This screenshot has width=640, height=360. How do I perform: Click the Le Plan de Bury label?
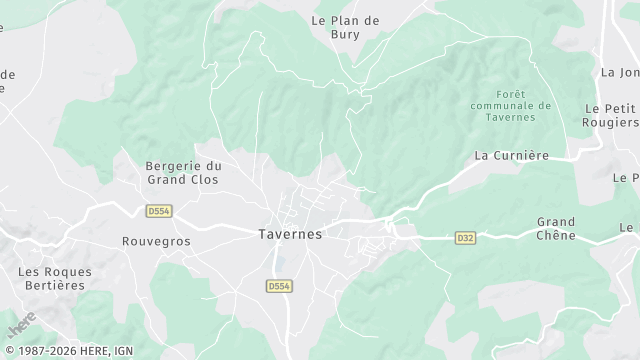346,26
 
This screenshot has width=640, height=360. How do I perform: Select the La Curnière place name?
512,155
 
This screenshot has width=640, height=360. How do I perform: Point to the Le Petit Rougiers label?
610,115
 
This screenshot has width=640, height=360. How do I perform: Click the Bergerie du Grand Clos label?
183,173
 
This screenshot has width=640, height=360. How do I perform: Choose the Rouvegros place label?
155,241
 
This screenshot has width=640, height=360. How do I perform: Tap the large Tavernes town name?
290,233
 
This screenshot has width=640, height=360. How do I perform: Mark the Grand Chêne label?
556,228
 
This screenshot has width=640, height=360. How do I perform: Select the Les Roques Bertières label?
55,279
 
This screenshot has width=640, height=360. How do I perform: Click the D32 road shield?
465,238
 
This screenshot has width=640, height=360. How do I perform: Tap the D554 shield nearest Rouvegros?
158,211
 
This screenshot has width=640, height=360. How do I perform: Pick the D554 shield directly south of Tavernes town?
279,286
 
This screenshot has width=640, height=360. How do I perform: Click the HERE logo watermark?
22,325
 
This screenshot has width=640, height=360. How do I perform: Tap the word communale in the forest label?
509,105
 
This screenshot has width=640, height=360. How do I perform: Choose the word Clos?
202,180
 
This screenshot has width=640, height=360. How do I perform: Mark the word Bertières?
55,286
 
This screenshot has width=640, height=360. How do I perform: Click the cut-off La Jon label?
620,72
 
